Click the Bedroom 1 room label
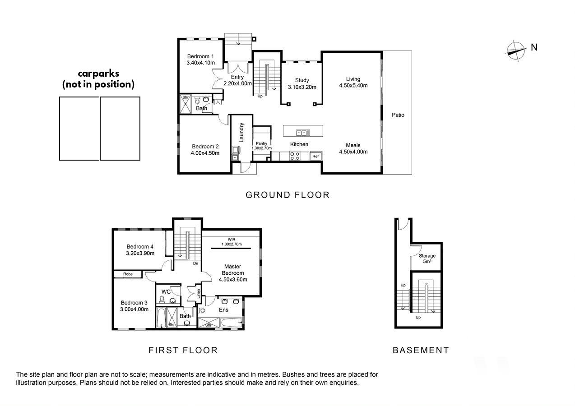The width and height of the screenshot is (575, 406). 200,56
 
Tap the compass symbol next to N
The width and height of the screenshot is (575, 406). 515,51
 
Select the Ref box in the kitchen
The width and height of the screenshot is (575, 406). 315,156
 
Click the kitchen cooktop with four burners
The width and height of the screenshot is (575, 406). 295,156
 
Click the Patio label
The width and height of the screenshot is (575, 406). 398,115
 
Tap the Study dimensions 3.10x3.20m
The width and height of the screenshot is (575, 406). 302,87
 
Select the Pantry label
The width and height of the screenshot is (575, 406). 262,143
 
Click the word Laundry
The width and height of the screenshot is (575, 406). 241,133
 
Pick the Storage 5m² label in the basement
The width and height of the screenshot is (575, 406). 427,258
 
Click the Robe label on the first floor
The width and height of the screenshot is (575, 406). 128,274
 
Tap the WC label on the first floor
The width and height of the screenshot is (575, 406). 166,292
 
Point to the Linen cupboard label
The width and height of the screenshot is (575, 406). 198,294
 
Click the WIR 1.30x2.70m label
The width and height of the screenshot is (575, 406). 232,242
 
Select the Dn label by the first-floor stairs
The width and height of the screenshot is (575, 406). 195,263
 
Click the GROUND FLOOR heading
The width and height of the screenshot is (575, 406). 287,195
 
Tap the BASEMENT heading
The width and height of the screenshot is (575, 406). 421,351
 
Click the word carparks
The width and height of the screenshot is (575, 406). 98,74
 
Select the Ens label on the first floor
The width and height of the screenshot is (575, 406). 223,310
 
